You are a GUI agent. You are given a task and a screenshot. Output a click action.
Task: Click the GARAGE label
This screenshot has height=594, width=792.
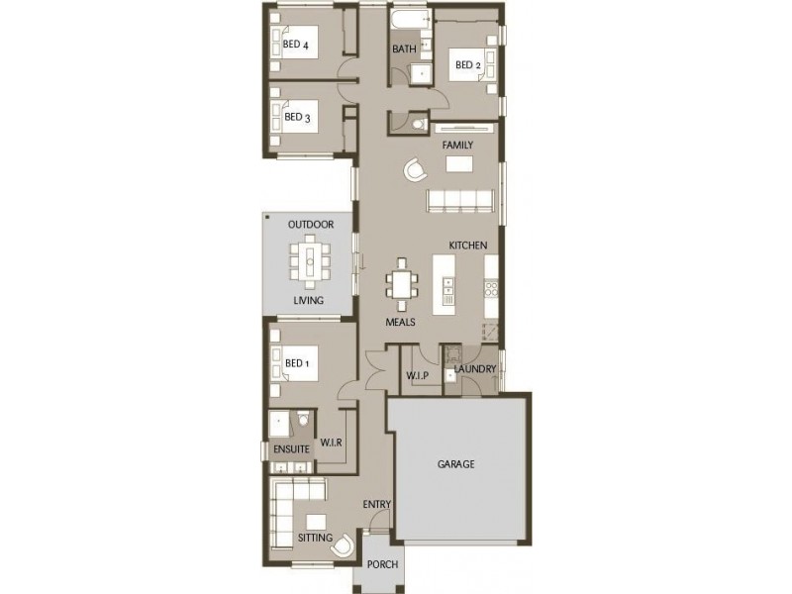tap(455, 463)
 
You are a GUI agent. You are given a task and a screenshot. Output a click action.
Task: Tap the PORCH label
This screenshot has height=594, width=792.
tap(382, 563)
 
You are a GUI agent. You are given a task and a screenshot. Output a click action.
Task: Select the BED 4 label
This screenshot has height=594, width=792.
tap(295, 45)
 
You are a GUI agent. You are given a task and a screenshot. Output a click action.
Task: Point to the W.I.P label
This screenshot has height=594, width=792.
tap(417, 376)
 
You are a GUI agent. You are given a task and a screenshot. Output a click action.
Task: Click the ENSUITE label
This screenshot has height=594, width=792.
tap(291, 449)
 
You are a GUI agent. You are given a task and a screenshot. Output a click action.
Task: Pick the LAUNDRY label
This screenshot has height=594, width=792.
tap(475, 369)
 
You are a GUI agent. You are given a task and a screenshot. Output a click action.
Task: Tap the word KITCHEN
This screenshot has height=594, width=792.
tap(468, 245)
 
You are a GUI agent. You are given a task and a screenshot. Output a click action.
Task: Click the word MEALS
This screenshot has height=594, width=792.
tap(401, 322)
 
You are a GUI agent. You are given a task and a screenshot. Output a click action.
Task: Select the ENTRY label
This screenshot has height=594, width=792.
tap(377, 504)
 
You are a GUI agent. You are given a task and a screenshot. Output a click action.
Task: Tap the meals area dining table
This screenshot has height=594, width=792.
tap(402, 285)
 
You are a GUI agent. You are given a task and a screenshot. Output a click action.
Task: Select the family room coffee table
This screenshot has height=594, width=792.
tap(459, 164)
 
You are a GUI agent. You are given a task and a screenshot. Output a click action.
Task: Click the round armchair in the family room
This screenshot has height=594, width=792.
tap(416, 169)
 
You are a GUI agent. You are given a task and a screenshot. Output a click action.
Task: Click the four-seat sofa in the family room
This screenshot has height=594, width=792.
tap(460, 201)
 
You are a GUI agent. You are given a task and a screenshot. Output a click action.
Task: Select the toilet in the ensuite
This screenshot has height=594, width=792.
tap(303, 419)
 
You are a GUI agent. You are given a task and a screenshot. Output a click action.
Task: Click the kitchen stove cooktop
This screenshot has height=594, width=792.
tap(491, 289)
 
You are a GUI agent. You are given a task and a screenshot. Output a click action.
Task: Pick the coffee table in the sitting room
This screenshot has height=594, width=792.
tap(317, 522)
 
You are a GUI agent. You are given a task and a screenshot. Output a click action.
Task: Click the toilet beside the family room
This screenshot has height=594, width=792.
tap(419, 124)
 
